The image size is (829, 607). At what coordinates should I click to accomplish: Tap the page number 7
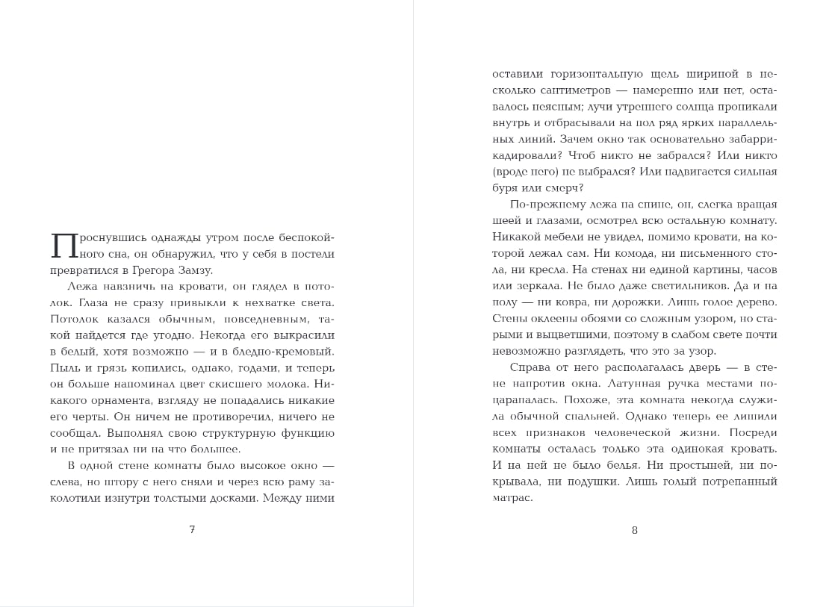[192, 529]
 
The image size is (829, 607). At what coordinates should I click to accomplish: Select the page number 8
[635, 530]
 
